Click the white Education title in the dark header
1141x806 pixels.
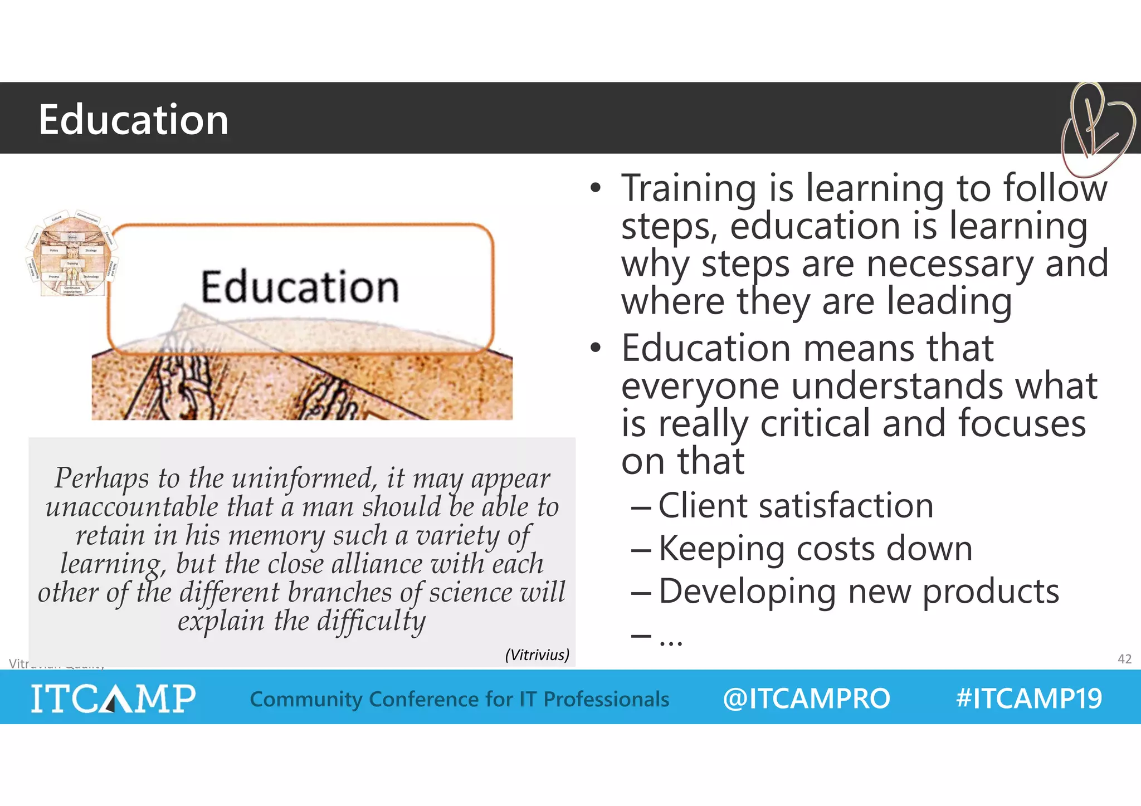[x=133, y=120]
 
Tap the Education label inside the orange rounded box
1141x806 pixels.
[x=300, y=287]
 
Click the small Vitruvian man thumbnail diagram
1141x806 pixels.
[x=71, y=253]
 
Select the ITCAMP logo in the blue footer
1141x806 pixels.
[x=113, y=698]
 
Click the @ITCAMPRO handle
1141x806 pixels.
[x=806, y=698]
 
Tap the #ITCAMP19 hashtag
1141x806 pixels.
[x=1028, y=698]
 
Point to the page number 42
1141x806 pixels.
[x=1124, y=659]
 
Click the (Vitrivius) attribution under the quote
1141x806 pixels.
[x=537, y=654]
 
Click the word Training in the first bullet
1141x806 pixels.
[x=689, y=188]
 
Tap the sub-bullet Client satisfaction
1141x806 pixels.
[x=796, y=506]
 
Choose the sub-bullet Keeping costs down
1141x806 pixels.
[x=815, y=549]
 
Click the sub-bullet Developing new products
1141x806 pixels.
[x=859, y=591]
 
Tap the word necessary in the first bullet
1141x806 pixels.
[x=949, y=263]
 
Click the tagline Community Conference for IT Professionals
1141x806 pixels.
[x=459, y=699]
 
